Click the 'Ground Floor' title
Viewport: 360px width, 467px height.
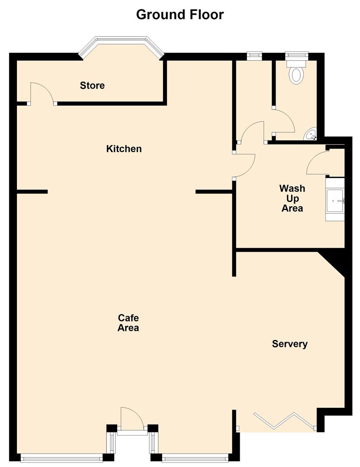[180, 14]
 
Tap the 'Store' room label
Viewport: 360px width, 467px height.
[92, 86]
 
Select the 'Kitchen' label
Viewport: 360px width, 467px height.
[124, 149]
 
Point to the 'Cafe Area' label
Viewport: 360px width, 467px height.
[128, 323]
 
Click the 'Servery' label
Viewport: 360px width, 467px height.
[289, 344]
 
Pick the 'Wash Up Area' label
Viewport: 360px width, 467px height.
[292, 198]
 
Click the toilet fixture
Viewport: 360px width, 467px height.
[296, 74]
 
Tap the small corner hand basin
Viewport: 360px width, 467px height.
[312, 135]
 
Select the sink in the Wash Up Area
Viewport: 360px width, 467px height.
[335, 201]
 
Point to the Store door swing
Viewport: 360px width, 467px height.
[40, 93]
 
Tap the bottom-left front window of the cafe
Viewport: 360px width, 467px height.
[61, 457]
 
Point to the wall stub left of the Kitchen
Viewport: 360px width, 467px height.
[32, 192]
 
